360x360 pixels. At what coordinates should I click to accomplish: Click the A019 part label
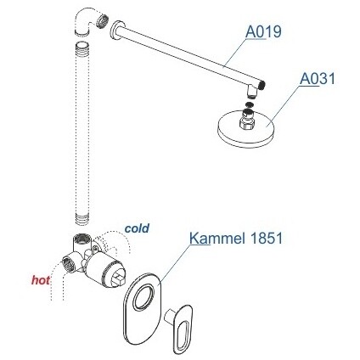[x=263, y=31]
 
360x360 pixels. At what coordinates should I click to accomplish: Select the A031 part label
[x=318, y=78]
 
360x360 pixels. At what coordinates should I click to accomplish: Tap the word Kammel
[x=217, y=239]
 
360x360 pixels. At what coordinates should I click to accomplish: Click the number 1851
[x=266, y=239]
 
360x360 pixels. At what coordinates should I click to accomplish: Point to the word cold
[x=137, y=228]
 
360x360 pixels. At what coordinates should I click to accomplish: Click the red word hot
[x=41, y=280]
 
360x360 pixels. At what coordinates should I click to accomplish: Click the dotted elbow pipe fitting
[x=89, y=22]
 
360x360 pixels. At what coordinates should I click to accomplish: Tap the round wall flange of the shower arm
[x=115, y=31]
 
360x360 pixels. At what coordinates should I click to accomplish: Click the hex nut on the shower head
[x=248, y=123]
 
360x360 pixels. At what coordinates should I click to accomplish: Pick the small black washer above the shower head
[x=249, y=104]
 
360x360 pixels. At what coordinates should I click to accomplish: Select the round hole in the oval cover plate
[x=143, y=296]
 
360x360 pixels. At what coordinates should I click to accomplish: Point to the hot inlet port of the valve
[x=68, y=264]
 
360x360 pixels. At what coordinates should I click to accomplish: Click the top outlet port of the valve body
[x=82, y=239]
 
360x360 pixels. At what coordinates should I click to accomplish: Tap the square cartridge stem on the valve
[x=118, y=280]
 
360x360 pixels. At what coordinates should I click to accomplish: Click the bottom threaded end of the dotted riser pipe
[x=82, y=220]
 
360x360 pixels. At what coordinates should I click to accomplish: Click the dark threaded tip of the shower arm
[x=263, y=85]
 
